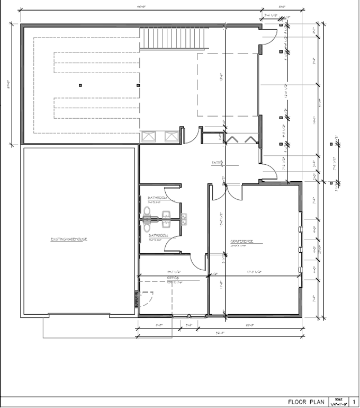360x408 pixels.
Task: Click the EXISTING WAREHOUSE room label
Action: [x=69, y=239]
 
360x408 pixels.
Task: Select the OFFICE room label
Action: [x=173, y=278]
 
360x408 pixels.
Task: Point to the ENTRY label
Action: [x=217, y=162]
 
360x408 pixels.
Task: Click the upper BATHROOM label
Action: [x=158, y=198]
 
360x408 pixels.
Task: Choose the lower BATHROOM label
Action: [x=158, y=235]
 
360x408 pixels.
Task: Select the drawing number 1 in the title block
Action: [x=353, y=401]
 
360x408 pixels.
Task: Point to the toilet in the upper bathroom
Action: [x=147, y=215]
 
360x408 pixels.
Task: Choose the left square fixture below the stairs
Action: [x=148, y=136]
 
